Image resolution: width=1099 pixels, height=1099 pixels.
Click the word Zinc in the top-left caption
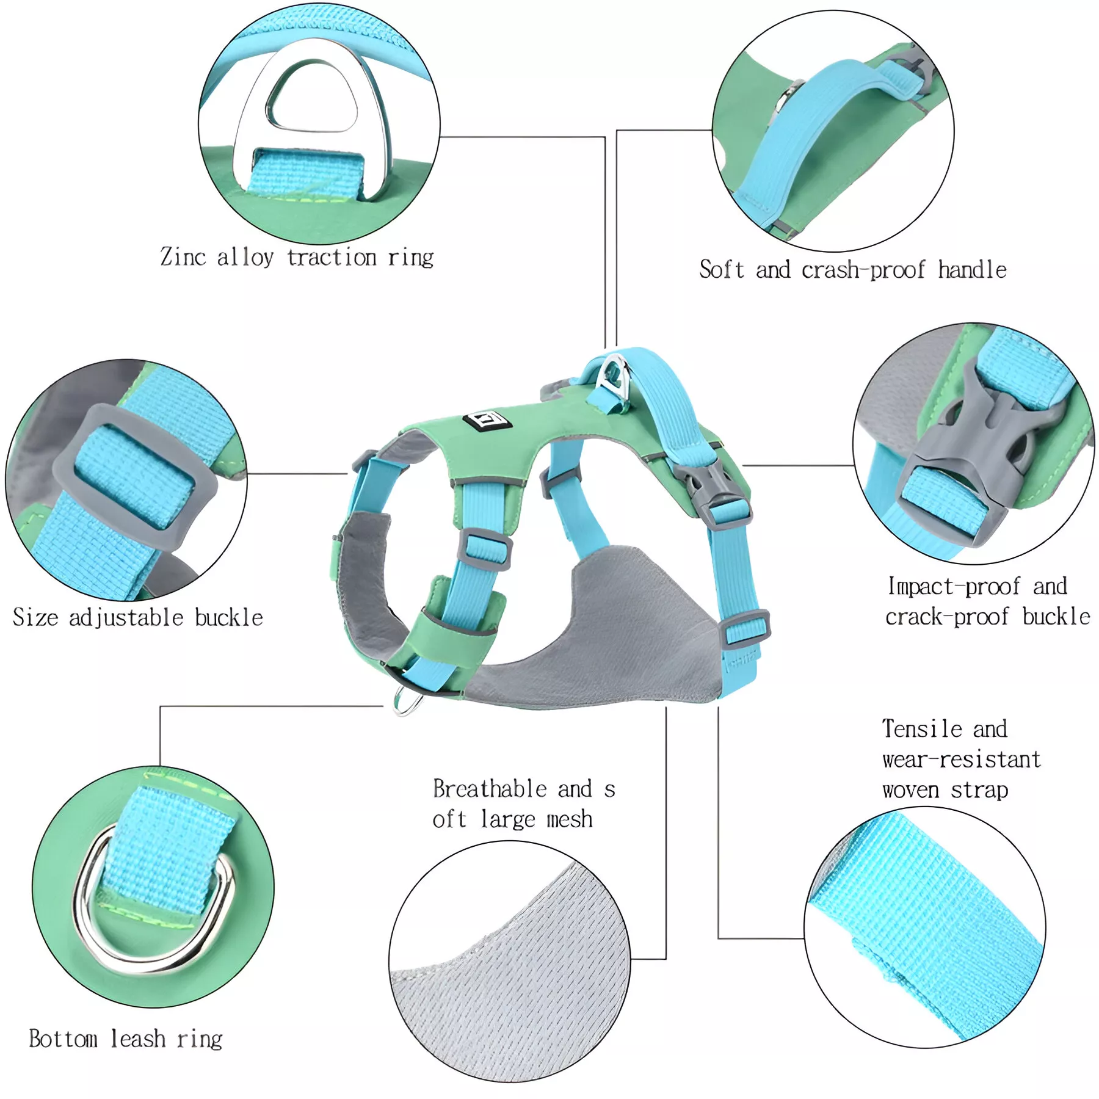coord(183,256)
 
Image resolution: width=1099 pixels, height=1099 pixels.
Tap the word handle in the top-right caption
coord(972,269)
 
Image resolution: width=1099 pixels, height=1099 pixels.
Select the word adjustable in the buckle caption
coord(126,618)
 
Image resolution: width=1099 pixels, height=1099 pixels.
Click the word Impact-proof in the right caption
coord(953,587)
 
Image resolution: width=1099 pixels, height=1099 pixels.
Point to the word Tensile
coord(922,729)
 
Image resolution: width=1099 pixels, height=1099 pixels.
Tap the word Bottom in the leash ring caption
coord(63,1039)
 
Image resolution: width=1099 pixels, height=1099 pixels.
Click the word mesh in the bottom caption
coord(569,819)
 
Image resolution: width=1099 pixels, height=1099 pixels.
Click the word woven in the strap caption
coord(910,790)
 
